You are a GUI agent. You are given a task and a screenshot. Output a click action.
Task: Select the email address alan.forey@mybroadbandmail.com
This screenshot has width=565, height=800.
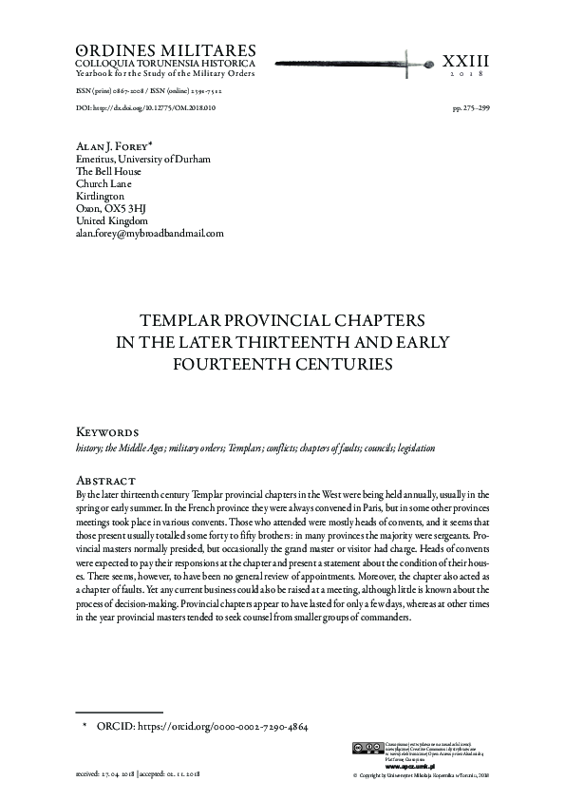149,233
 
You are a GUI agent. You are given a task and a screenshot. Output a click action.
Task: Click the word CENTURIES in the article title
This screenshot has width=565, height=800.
335,363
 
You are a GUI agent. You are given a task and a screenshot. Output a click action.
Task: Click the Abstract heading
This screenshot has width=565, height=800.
104,480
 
